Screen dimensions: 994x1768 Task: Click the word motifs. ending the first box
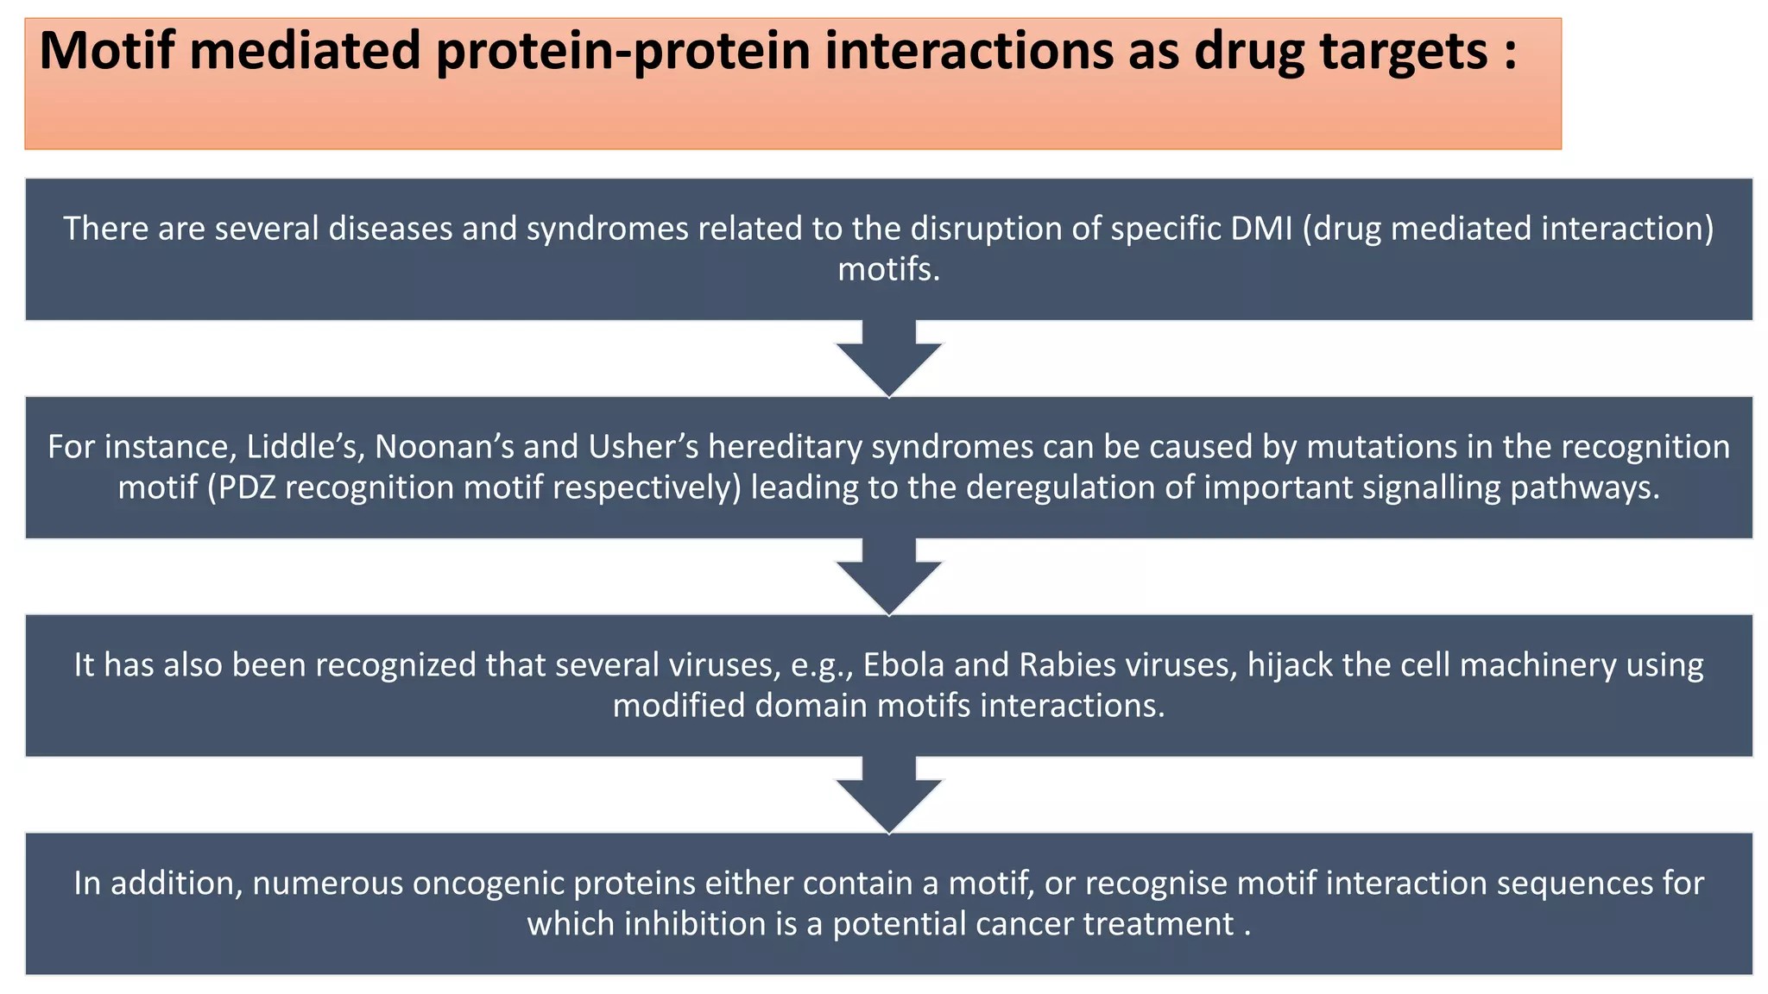tap(888, 270)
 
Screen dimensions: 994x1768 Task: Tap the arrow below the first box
tap(889, 359)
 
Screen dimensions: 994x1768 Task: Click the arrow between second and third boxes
tap(889, 577)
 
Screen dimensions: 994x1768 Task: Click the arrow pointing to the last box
tap(889, 796)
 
